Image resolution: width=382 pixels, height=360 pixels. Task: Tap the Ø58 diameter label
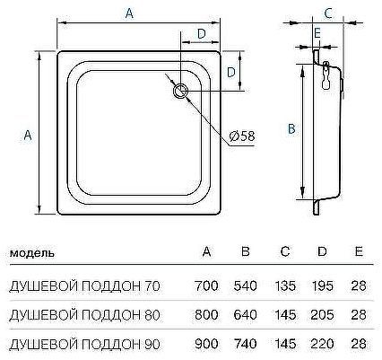(x=241, y=136)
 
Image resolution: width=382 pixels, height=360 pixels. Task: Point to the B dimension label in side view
(x=290, y=128)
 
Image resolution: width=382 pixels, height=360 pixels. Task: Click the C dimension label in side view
(x=328, y=13)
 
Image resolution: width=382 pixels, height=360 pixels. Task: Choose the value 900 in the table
(x=206, y=342)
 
